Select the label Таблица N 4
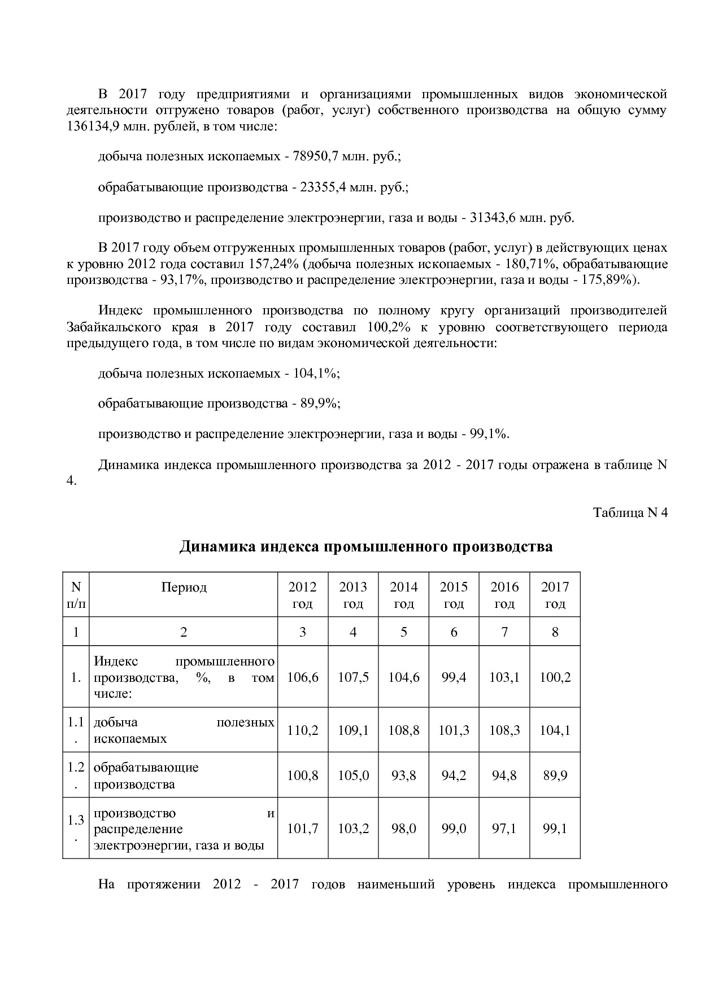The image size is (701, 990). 630,512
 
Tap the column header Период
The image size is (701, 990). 184,587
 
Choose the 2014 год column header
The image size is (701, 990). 403,595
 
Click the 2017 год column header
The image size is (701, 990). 555,595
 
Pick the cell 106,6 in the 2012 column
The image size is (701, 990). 302,677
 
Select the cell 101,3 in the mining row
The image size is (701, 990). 454,730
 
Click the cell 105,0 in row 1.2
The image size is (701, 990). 353,776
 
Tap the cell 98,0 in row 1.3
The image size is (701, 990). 403,829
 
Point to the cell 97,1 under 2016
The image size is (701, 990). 504,829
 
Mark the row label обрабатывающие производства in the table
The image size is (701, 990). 146,776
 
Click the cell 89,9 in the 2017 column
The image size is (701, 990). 555,776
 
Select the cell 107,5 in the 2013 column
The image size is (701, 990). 353,677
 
